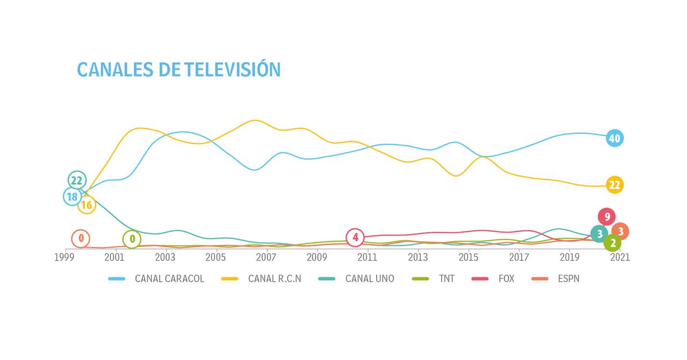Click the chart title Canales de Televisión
tap(179, 70)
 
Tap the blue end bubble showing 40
tap(614, 138)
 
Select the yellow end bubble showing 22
tap(614, 185)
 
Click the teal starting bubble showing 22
tap(77, 180)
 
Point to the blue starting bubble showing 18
tap(72, 197)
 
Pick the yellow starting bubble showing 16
tap(86, 204)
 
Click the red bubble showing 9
tap(606, 217)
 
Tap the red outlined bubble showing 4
tap(355, 237)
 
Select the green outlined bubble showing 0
tap(132, 239)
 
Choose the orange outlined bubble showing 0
tap(81, 238)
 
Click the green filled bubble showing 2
tap(612, 243)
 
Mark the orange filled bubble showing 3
tap(620, 232)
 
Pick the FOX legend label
tap(506, 278)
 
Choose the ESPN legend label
tap(568, 278)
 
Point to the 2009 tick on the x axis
tap(317, 257)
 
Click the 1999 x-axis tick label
tap(64, 257)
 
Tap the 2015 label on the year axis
tap(469, 257)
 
